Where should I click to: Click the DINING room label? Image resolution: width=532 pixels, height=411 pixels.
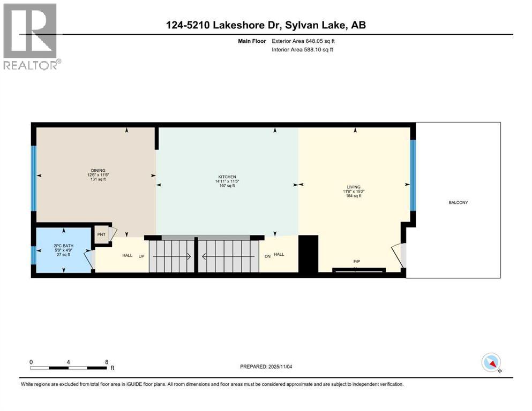pyautogui.click(x=97, y=170)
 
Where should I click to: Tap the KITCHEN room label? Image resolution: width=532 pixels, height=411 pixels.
pyautogui.click(x=227, y=177)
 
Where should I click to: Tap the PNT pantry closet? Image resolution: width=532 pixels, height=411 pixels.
pyautogui.click(x=101, y=234)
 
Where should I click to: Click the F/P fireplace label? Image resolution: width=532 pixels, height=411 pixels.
pyautogui.click(x=356, y=261)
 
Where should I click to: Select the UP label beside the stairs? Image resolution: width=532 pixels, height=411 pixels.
pyautogui.click(x=143, y=255)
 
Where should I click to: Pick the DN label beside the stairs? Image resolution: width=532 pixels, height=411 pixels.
pyautogui.click(x=266, y=255)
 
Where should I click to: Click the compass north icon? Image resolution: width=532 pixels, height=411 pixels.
pyautogui.click(x=491, y=362)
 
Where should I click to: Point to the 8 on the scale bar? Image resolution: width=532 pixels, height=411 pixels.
pyautogui.click(x=107, y=362)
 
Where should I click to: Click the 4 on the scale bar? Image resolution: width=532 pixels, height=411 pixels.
pyautogui.click(x=69, y=362)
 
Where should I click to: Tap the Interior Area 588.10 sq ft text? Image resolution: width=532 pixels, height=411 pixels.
pyautogui.click(x=302, y=49)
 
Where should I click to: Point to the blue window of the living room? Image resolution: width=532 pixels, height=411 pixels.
pyautogui.click(x=413, y=175)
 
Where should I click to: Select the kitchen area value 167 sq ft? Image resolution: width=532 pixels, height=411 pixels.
pyautogui.click(x=227, y=186)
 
